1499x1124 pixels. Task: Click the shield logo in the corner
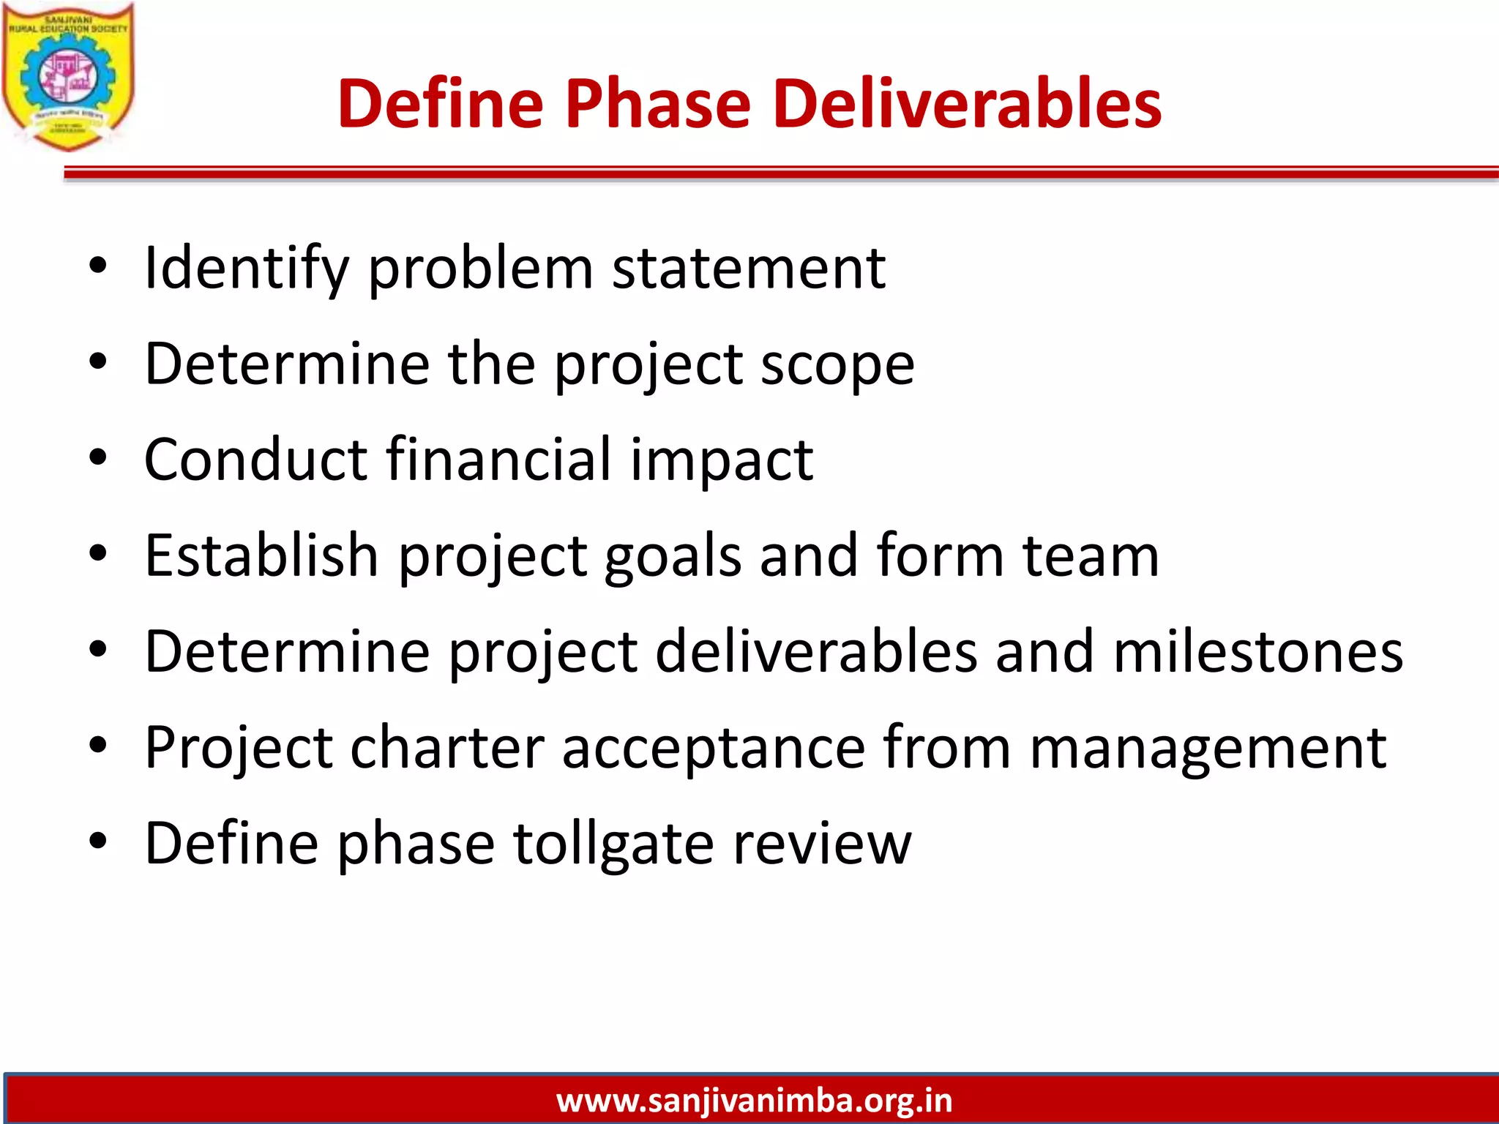tap(68, 77)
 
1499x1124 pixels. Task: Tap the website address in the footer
tap(754, 1100)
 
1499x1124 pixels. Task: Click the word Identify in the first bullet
tap(247, 269)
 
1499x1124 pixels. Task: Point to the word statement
tap(749, 269)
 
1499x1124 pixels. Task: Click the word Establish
tap(261, 556)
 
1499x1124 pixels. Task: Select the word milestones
tap(1258, 652)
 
